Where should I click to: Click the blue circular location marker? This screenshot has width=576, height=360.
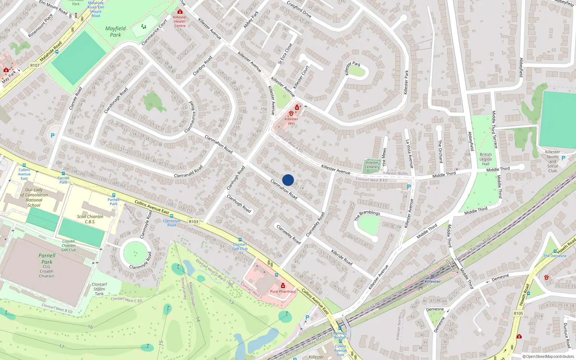[288, 180]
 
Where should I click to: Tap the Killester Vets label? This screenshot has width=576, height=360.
[291, 121]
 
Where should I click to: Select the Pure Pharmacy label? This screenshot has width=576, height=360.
[283, 291]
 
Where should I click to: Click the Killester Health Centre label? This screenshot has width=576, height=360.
[180, 21]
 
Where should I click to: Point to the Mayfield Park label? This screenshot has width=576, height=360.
[116, 32]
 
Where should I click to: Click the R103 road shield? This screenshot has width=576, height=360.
[193, 222]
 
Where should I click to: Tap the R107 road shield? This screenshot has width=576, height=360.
[35, 65]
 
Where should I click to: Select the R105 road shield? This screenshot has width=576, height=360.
[518, 313]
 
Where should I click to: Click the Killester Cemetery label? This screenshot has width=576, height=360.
[372, 165]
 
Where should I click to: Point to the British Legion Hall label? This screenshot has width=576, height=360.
[485, 159]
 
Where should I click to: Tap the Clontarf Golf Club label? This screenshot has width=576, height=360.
[240, 247]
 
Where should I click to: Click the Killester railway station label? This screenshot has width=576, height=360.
[432, 282]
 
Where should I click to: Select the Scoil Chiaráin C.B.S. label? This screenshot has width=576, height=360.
[90, 219]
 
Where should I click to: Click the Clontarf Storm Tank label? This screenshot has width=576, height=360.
[99, 289]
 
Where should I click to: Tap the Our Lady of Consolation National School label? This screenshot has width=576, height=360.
[34, 197]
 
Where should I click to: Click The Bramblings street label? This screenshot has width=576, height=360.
[367, 215]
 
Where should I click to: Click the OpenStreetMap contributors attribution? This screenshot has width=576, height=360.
[548, 356]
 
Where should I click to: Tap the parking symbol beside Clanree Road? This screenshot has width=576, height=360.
[53, 136]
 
